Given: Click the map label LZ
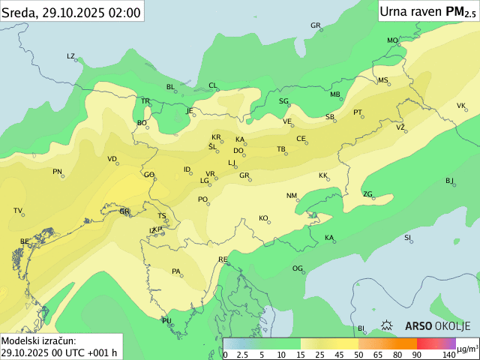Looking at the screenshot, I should pyautogui.click(x=70, y=56).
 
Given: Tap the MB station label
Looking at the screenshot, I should pyautogui.click(x=334, y=94).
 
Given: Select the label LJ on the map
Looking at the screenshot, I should pyautogui.click(x=232, y=163).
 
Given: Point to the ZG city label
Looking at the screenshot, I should pyautogui.click(x=367, y=194).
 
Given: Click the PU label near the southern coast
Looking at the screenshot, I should pyautogui.click(x=166, y=321).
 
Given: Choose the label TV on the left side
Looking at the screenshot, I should pyautogui.click(x=18, y=211).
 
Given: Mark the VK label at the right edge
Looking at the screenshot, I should pyautogui.click(x=460, y=106).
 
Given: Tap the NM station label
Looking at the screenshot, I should pyautogui.click(x=291, y=196).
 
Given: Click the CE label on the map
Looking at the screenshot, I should pyautogui.click(x=301, y=139).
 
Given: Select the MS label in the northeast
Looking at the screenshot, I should pyautogui.click(x=382, y=80).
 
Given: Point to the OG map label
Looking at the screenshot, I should pyautogui.click(x=297, y=268).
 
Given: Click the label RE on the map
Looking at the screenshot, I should pyautogui.click(x=223, y=259).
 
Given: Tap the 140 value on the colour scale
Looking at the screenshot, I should pyautogui.click(x=448, y=354).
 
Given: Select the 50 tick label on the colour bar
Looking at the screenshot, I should pyautogui.click(x=358, y=354).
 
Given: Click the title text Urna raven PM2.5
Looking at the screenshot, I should pyautogui.click(x=427, y=11).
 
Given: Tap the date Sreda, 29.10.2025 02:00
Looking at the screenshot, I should pyautogui.click(x=71, y=11).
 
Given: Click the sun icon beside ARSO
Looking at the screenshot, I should pyautogui.click(x=387, y=325).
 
